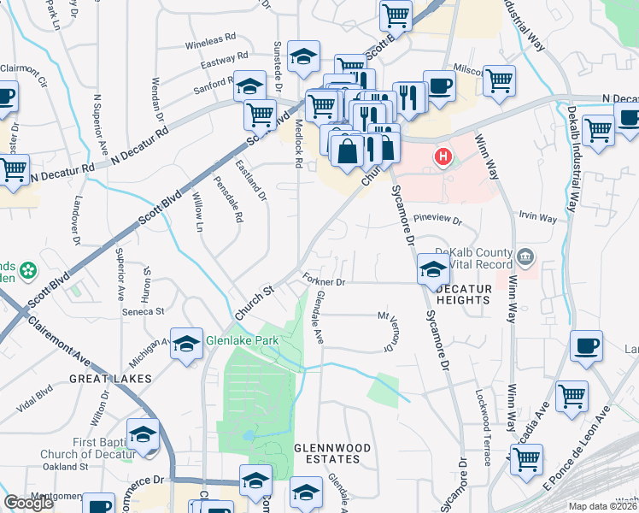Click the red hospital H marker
tap(443, 156)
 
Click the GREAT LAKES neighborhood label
tap(111, 378)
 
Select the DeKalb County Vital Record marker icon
tap(526, 255)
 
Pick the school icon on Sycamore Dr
tap(432, 269)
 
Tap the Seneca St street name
tap(145, 312)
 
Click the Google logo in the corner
tap(29, 503)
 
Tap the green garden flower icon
tap(29, 271)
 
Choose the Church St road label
tap(254, 304)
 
